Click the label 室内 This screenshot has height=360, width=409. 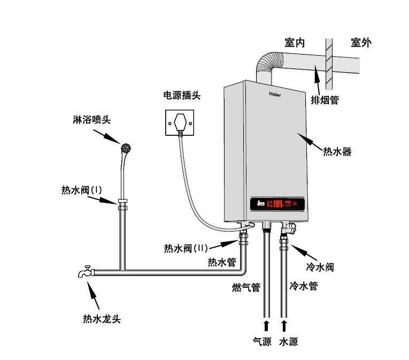point(295,42)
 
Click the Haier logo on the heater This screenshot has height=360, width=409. point(274,94)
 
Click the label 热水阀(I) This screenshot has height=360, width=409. point(81,189)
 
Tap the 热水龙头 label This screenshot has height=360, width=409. point(102,319)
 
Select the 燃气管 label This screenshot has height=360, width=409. point(246,288)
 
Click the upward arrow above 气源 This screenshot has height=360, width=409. point(266,325)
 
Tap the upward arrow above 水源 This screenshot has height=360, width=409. point(284,325)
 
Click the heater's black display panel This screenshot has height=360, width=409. point(278,204)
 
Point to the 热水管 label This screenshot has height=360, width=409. point(221,262)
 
